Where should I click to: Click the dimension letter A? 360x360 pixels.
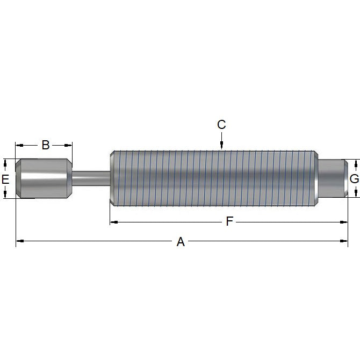coord(181,242)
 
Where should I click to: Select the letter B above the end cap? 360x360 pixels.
coord(46,145)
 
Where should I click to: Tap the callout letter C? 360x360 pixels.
coord(221,125)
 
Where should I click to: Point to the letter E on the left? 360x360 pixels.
coord(5,179)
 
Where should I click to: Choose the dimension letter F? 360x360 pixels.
coord(229,221)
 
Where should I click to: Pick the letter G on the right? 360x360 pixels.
coord(354,179)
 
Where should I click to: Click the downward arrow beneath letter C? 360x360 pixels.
coord(221,143)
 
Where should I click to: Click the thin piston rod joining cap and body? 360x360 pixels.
coord(90,178)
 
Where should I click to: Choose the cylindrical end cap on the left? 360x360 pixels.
coord(43,178)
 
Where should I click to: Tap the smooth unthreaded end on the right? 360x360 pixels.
coord(332,178)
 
